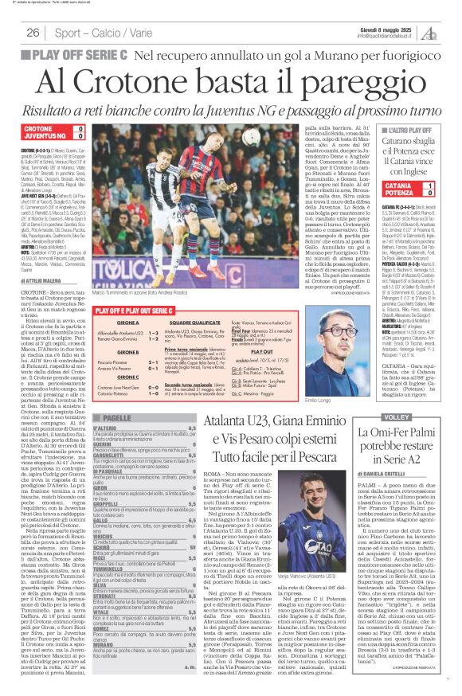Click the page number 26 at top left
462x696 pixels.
pos(33,33)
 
